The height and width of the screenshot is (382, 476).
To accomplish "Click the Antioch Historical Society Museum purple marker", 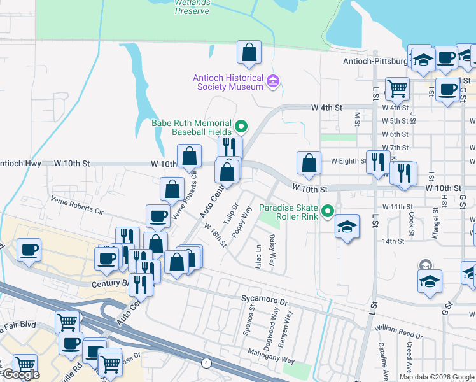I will point(274,81).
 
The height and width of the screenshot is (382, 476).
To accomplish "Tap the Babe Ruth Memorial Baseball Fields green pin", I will point(241,125).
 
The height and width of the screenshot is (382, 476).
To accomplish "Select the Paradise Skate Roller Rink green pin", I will point(328,209).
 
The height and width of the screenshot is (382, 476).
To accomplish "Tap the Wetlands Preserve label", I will point(192,6).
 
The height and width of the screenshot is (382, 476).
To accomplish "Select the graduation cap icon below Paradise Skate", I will point(347,228).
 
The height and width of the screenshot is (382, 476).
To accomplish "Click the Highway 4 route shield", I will point(206,363).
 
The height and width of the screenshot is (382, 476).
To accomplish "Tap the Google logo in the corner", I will point(21,375).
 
